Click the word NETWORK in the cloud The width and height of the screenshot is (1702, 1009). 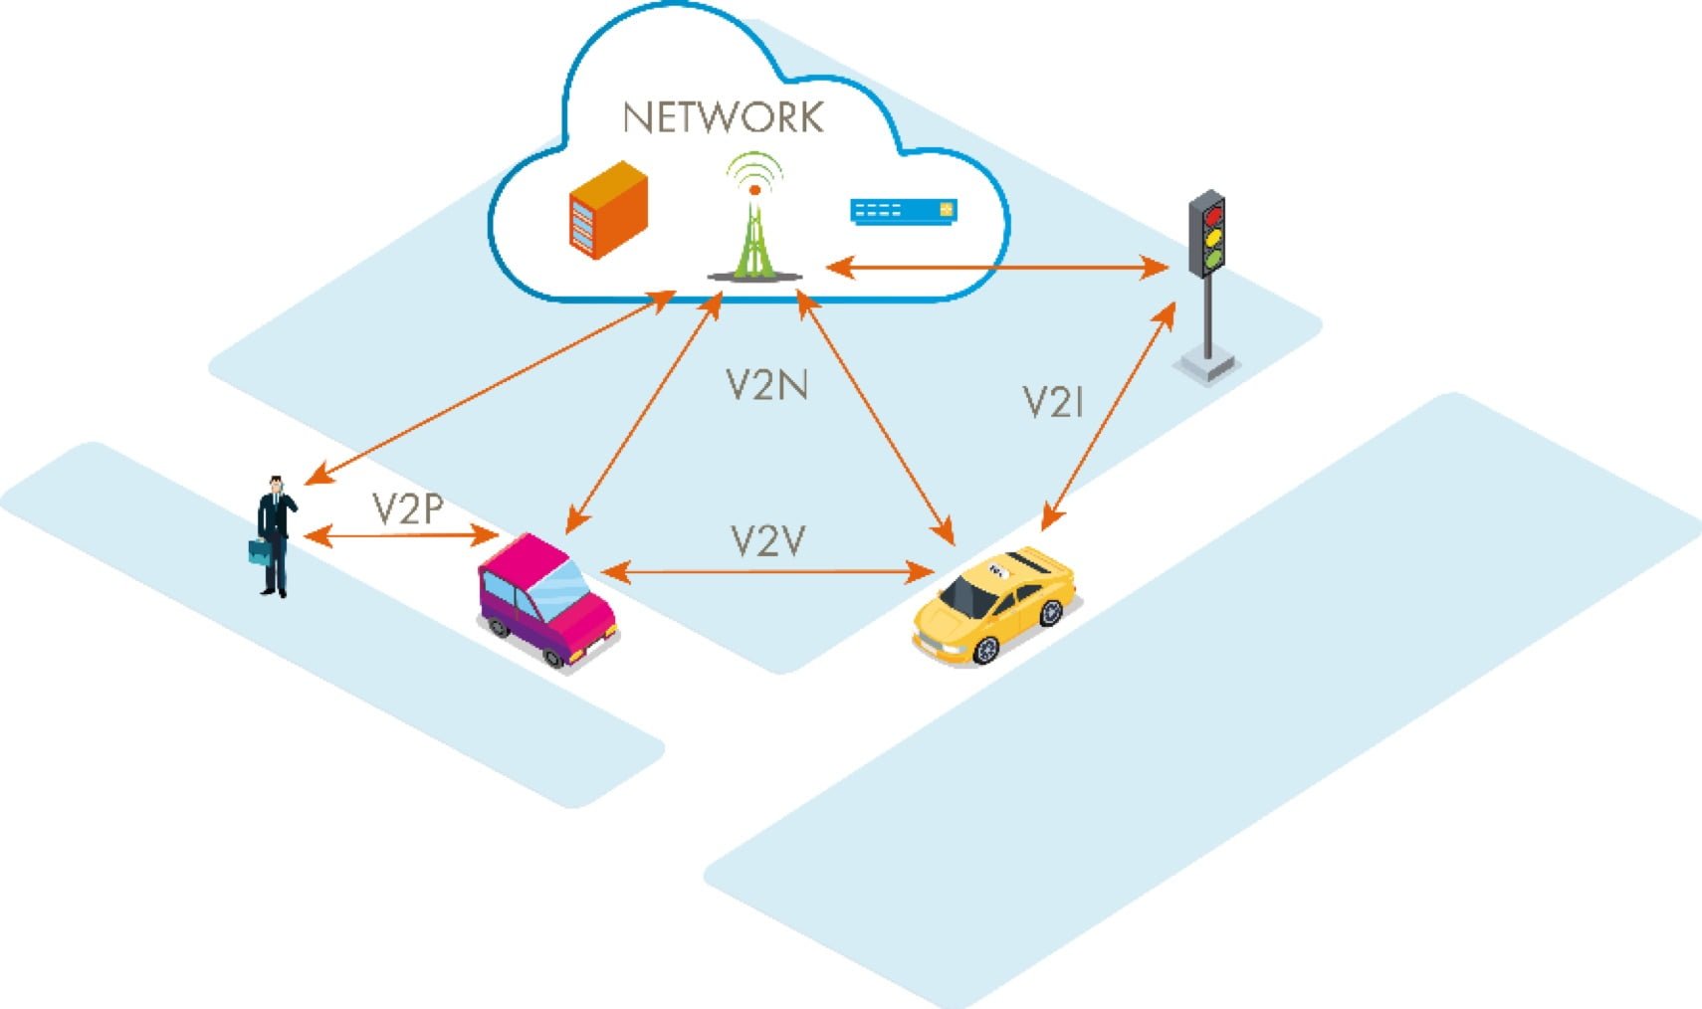(724, 117)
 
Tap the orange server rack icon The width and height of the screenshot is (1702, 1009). (607, 210)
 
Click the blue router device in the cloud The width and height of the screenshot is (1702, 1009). (903, 211)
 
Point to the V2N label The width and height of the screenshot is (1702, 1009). (765, 384)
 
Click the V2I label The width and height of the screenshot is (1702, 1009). (1052, 402)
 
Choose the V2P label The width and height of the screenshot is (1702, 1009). (407, 508)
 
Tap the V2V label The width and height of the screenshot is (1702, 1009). (766, 541)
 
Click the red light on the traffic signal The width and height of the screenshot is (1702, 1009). (1211, 216)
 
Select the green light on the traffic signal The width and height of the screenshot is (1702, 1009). (1211, 261)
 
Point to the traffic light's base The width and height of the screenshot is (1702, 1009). (1205, 365)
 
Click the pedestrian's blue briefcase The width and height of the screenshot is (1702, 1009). (260, 552)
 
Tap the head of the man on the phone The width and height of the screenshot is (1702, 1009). (276, 485)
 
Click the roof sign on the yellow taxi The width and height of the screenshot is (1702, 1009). (995, 570)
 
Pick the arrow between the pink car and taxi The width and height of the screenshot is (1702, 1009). (766, 571)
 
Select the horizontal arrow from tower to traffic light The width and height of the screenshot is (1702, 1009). (995, 267)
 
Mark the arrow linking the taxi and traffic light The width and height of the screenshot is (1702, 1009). (1108, 418)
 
